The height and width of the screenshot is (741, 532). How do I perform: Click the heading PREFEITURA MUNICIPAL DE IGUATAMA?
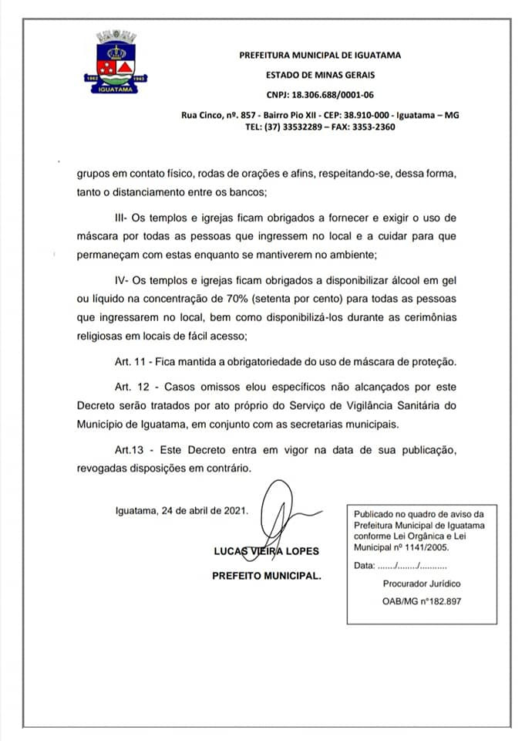click(x=320, y=56)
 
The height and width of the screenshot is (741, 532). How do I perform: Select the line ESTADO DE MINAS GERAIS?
click(x=320, y=75)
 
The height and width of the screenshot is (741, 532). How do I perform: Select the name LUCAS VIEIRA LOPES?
click(x=266, y=551)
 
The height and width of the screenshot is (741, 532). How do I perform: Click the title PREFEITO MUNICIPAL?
click(x=268, y=576)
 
